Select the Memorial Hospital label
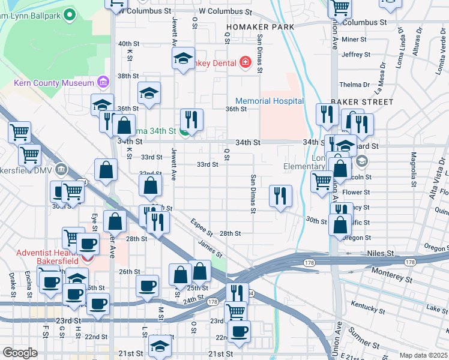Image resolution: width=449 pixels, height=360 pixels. pos(270,101)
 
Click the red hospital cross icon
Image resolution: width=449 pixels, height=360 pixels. pos(245,62)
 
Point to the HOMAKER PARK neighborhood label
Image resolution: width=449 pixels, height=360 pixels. pos(260,27)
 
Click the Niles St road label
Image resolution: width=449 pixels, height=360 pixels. pos(381,254)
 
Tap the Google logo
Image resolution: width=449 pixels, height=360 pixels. pos(20,353)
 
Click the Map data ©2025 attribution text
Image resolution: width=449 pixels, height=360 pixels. pos(423,355)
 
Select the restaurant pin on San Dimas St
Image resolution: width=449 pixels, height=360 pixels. pos(280,196)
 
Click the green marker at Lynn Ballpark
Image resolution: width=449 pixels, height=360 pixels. pos(70,14)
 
